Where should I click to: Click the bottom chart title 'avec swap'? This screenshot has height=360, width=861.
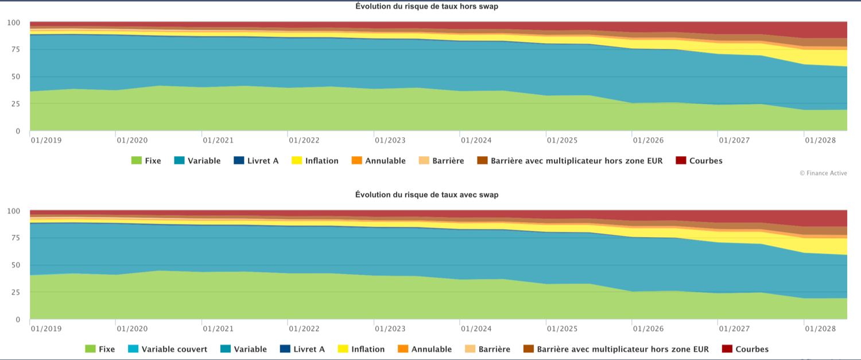(x=426, y=195)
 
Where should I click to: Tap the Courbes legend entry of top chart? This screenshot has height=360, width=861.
(x=706, y=161)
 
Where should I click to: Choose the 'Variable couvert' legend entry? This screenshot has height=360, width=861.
(x=174, y=349)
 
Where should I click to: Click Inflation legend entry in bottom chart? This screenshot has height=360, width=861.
(x=368, y=349)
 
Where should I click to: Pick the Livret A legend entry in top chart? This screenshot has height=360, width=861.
(x=262, y=161)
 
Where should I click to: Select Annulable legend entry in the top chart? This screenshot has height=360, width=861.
(x=385, y=161)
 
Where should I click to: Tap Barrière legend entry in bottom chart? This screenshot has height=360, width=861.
(x=494, y=349)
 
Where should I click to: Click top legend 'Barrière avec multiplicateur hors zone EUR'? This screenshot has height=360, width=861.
(x=576, y=161)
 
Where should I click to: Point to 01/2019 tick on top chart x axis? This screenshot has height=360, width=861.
(x=46, y=140)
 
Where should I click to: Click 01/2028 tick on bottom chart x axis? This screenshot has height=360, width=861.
(x=820, y=328)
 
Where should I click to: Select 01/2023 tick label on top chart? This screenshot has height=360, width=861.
(x=390, y=140)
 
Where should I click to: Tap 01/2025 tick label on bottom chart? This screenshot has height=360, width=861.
(x=562, y=328)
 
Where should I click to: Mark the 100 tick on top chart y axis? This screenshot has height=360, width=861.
(x=14, y=23)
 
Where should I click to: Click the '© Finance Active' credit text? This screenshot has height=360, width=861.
(x=823, y=172)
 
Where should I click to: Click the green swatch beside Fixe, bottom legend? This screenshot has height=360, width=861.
(x=90, y=349)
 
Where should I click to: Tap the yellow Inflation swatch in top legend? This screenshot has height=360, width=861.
(x=297, y=161)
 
